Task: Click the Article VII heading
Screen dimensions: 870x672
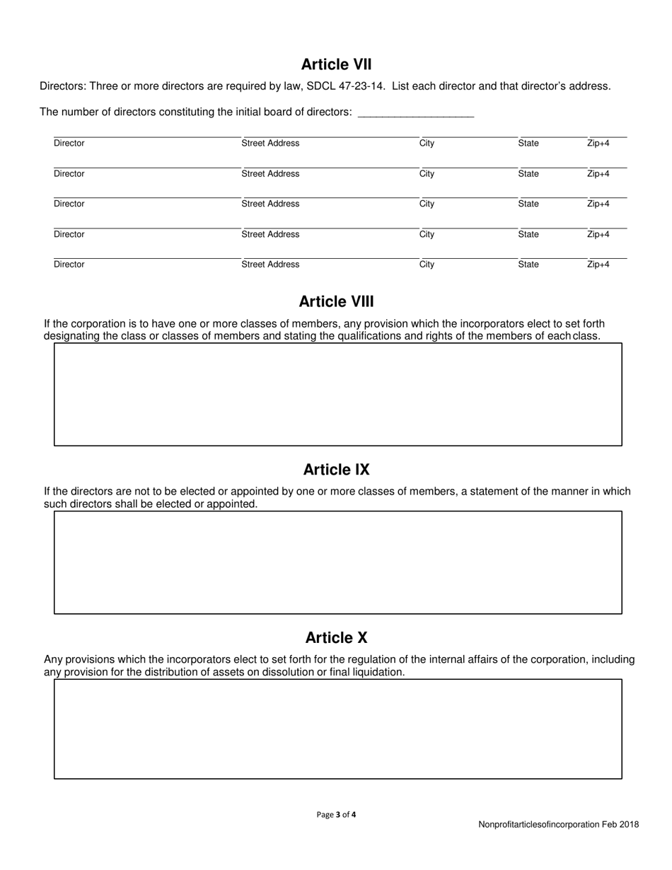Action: (x=336, y=64)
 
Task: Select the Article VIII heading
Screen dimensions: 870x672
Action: (x=336, y=301)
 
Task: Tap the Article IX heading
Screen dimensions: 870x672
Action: (x=336, y=470)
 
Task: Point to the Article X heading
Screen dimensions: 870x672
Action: (x=336, y=637)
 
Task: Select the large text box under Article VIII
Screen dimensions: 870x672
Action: (x=337, y=394)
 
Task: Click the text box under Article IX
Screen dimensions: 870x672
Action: (x=337, y=562)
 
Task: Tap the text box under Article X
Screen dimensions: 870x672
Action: (x=337, y=729)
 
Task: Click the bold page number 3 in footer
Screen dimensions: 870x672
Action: (x=338, y=814)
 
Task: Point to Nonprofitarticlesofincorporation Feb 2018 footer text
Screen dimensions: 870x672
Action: (x=558, y=824)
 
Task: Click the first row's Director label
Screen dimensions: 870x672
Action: (x=69, y=144)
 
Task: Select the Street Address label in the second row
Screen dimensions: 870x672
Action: (x=270, y=174)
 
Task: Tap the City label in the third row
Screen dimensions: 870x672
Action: (x=427, y=204)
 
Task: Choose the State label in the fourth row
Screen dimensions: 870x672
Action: (x=528, y=235)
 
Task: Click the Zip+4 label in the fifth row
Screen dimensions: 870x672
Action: (x=598, y=265)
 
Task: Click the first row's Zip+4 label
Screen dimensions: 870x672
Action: (x=598, y=144)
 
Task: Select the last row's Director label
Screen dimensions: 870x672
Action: (x=69, y=265)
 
